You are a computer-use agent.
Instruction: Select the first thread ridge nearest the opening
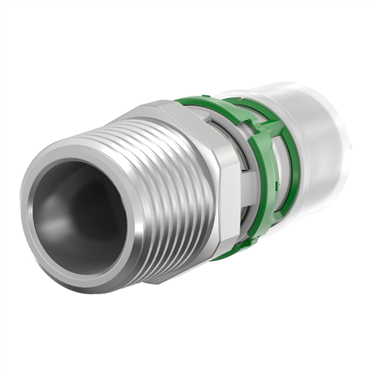pyautogui.click(x=111, y=160)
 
